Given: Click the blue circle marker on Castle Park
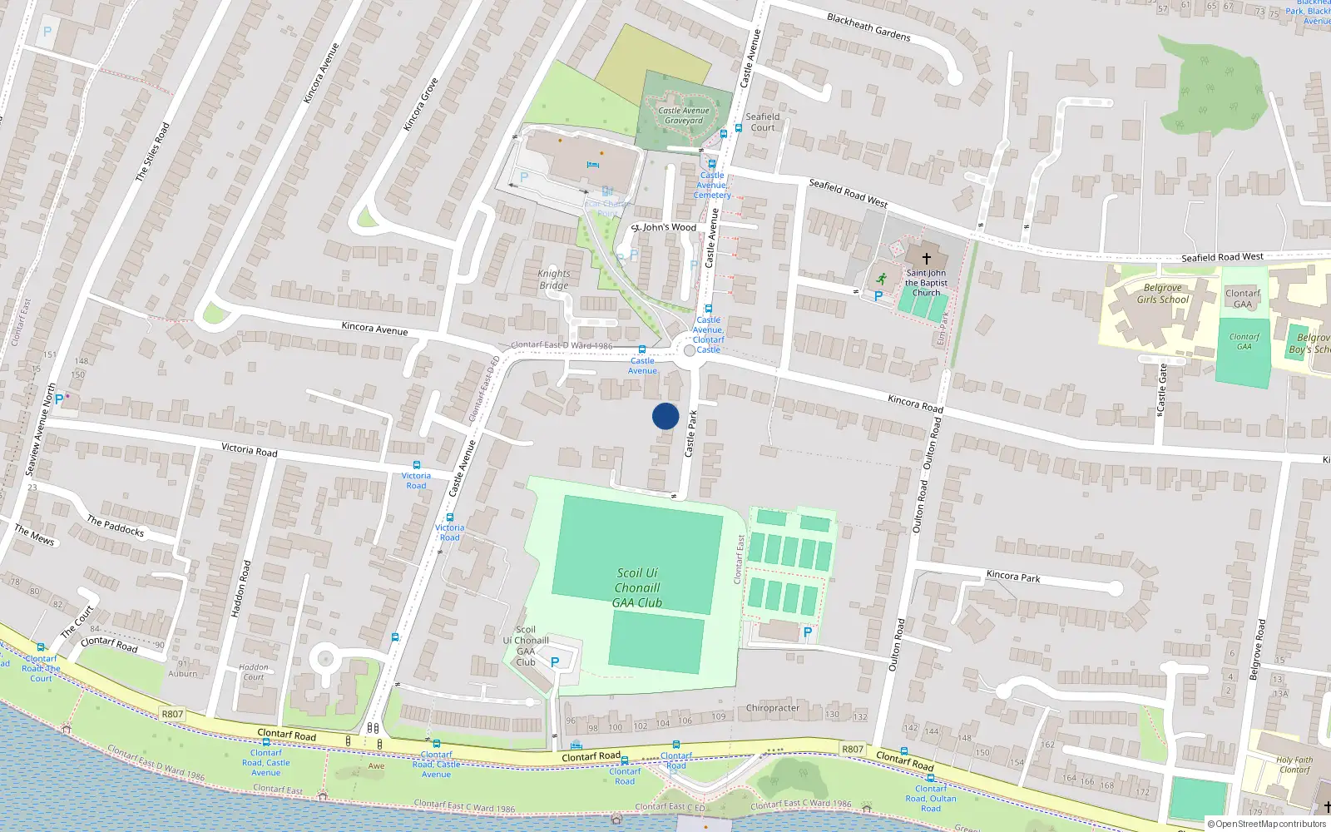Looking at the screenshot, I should [x=665, y=416].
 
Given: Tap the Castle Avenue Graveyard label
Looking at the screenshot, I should [x=684, y=116].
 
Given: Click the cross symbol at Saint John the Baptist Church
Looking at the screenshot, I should [x=926, y=259].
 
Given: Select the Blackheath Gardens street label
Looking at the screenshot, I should [x=868, y=27].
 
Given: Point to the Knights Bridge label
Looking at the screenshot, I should [x=554, y=280].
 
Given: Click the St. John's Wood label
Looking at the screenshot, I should [x=664, y=227].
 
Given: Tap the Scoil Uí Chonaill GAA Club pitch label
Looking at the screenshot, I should [x=637, y=587].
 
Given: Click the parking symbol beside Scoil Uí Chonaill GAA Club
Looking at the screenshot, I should [x=555, y=662].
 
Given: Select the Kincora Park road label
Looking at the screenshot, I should [x=1012, y=576].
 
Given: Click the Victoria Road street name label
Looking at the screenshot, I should [x=249, y=450].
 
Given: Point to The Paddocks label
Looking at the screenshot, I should [x=116, y=526].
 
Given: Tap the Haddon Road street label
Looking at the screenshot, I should [x=240, y=588].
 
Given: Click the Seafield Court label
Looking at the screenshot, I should [x=762, y=122].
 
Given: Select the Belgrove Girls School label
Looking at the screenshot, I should [x=1163, y=294].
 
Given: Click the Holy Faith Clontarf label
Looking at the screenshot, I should [x=1294, y=765].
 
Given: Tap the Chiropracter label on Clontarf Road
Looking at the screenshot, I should [x=772, y=708].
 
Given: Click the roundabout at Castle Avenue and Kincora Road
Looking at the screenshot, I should [x=689, y=351].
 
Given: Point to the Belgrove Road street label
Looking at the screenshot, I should [x=1257, y=649].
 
